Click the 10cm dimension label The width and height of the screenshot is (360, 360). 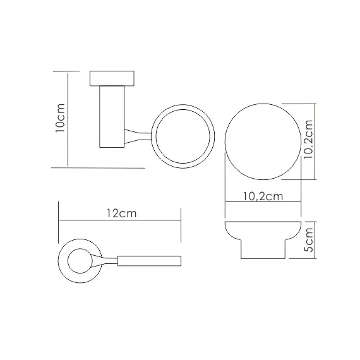pos(61,117)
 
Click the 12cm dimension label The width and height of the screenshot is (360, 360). pos(122,213)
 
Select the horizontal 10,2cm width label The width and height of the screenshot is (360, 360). pos(263,196)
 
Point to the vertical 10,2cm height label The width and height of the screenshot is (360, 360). pos(308,139)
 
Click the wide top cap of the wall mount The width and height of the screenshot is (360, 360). pos(112,78)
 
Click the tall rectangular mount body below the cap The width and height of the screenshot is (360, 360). pos(112,117)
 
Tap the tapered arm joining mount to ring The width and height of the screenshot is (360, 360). pos(138,136)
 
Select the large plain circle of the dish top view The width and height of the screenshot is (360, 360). pos(263,141)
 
